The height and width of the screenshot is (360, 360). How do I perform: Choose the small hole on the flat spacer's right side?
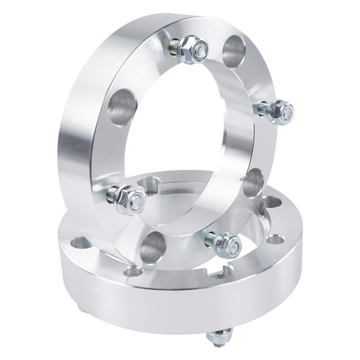coord(275,239)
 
